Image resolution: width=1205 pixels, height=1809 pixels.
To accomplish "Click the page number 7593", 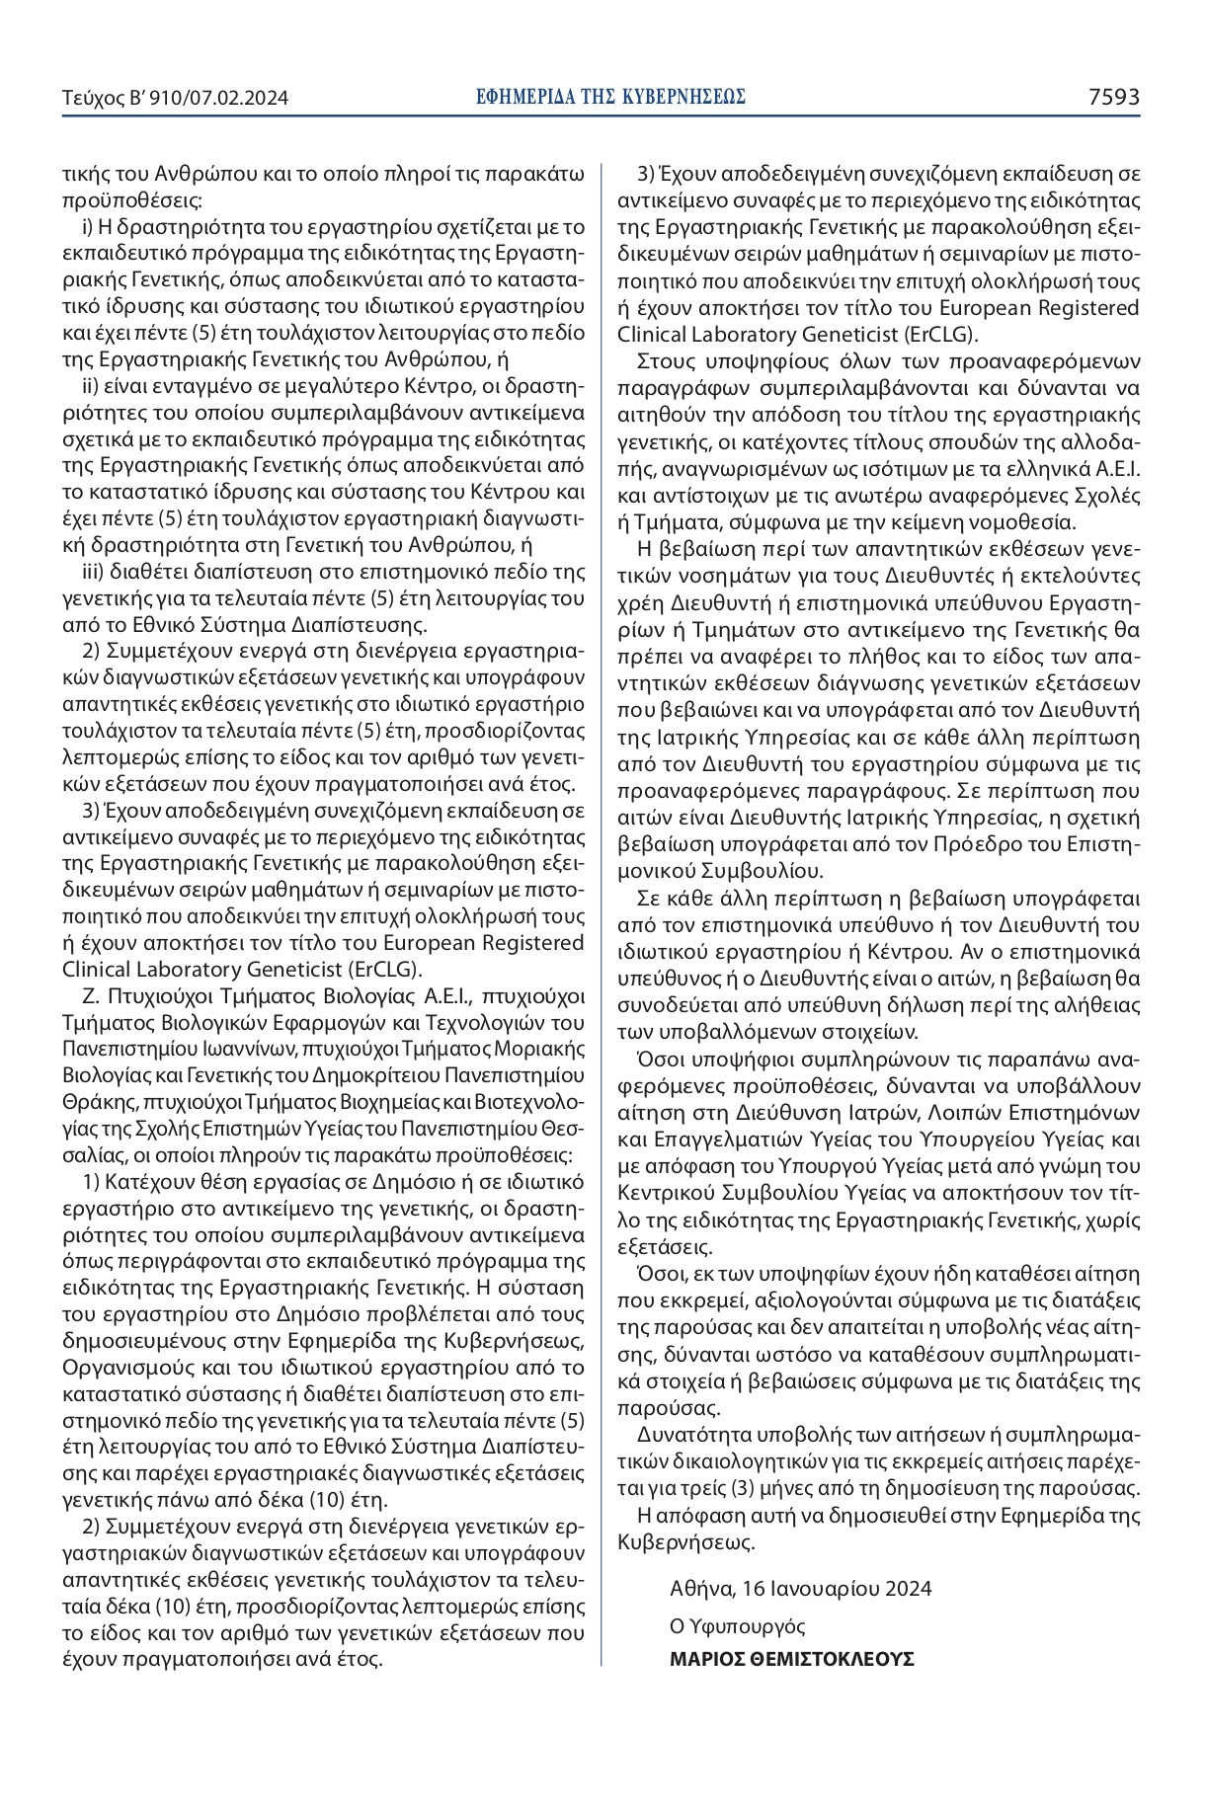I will point(1114,97).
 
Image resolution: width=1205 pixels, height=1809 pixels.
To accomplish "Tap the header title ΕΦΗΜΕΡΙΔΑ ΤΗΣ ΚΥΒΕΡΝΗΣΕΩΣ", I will point(610,97).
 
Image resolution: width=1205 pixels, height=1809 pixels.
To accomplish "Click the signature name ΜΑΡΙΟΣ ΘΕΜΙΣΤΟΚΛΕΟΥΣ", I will point(791,1658).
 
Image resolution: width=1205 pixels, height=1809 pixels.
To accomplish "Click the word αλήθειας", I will point(1094,1005).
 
